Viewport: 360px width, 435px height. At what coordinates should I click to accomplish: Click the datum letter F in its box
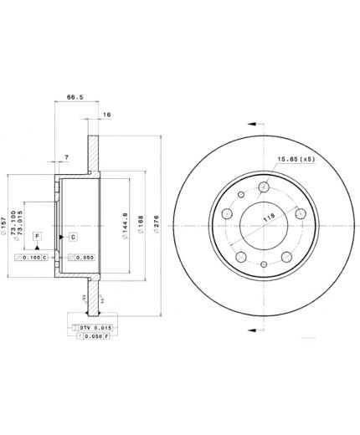38,238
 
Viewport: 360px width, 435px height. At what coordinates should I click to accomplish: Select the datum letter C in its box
73,238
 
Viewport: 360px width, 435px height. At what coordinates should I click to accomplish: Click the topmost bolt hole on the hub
264,187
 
